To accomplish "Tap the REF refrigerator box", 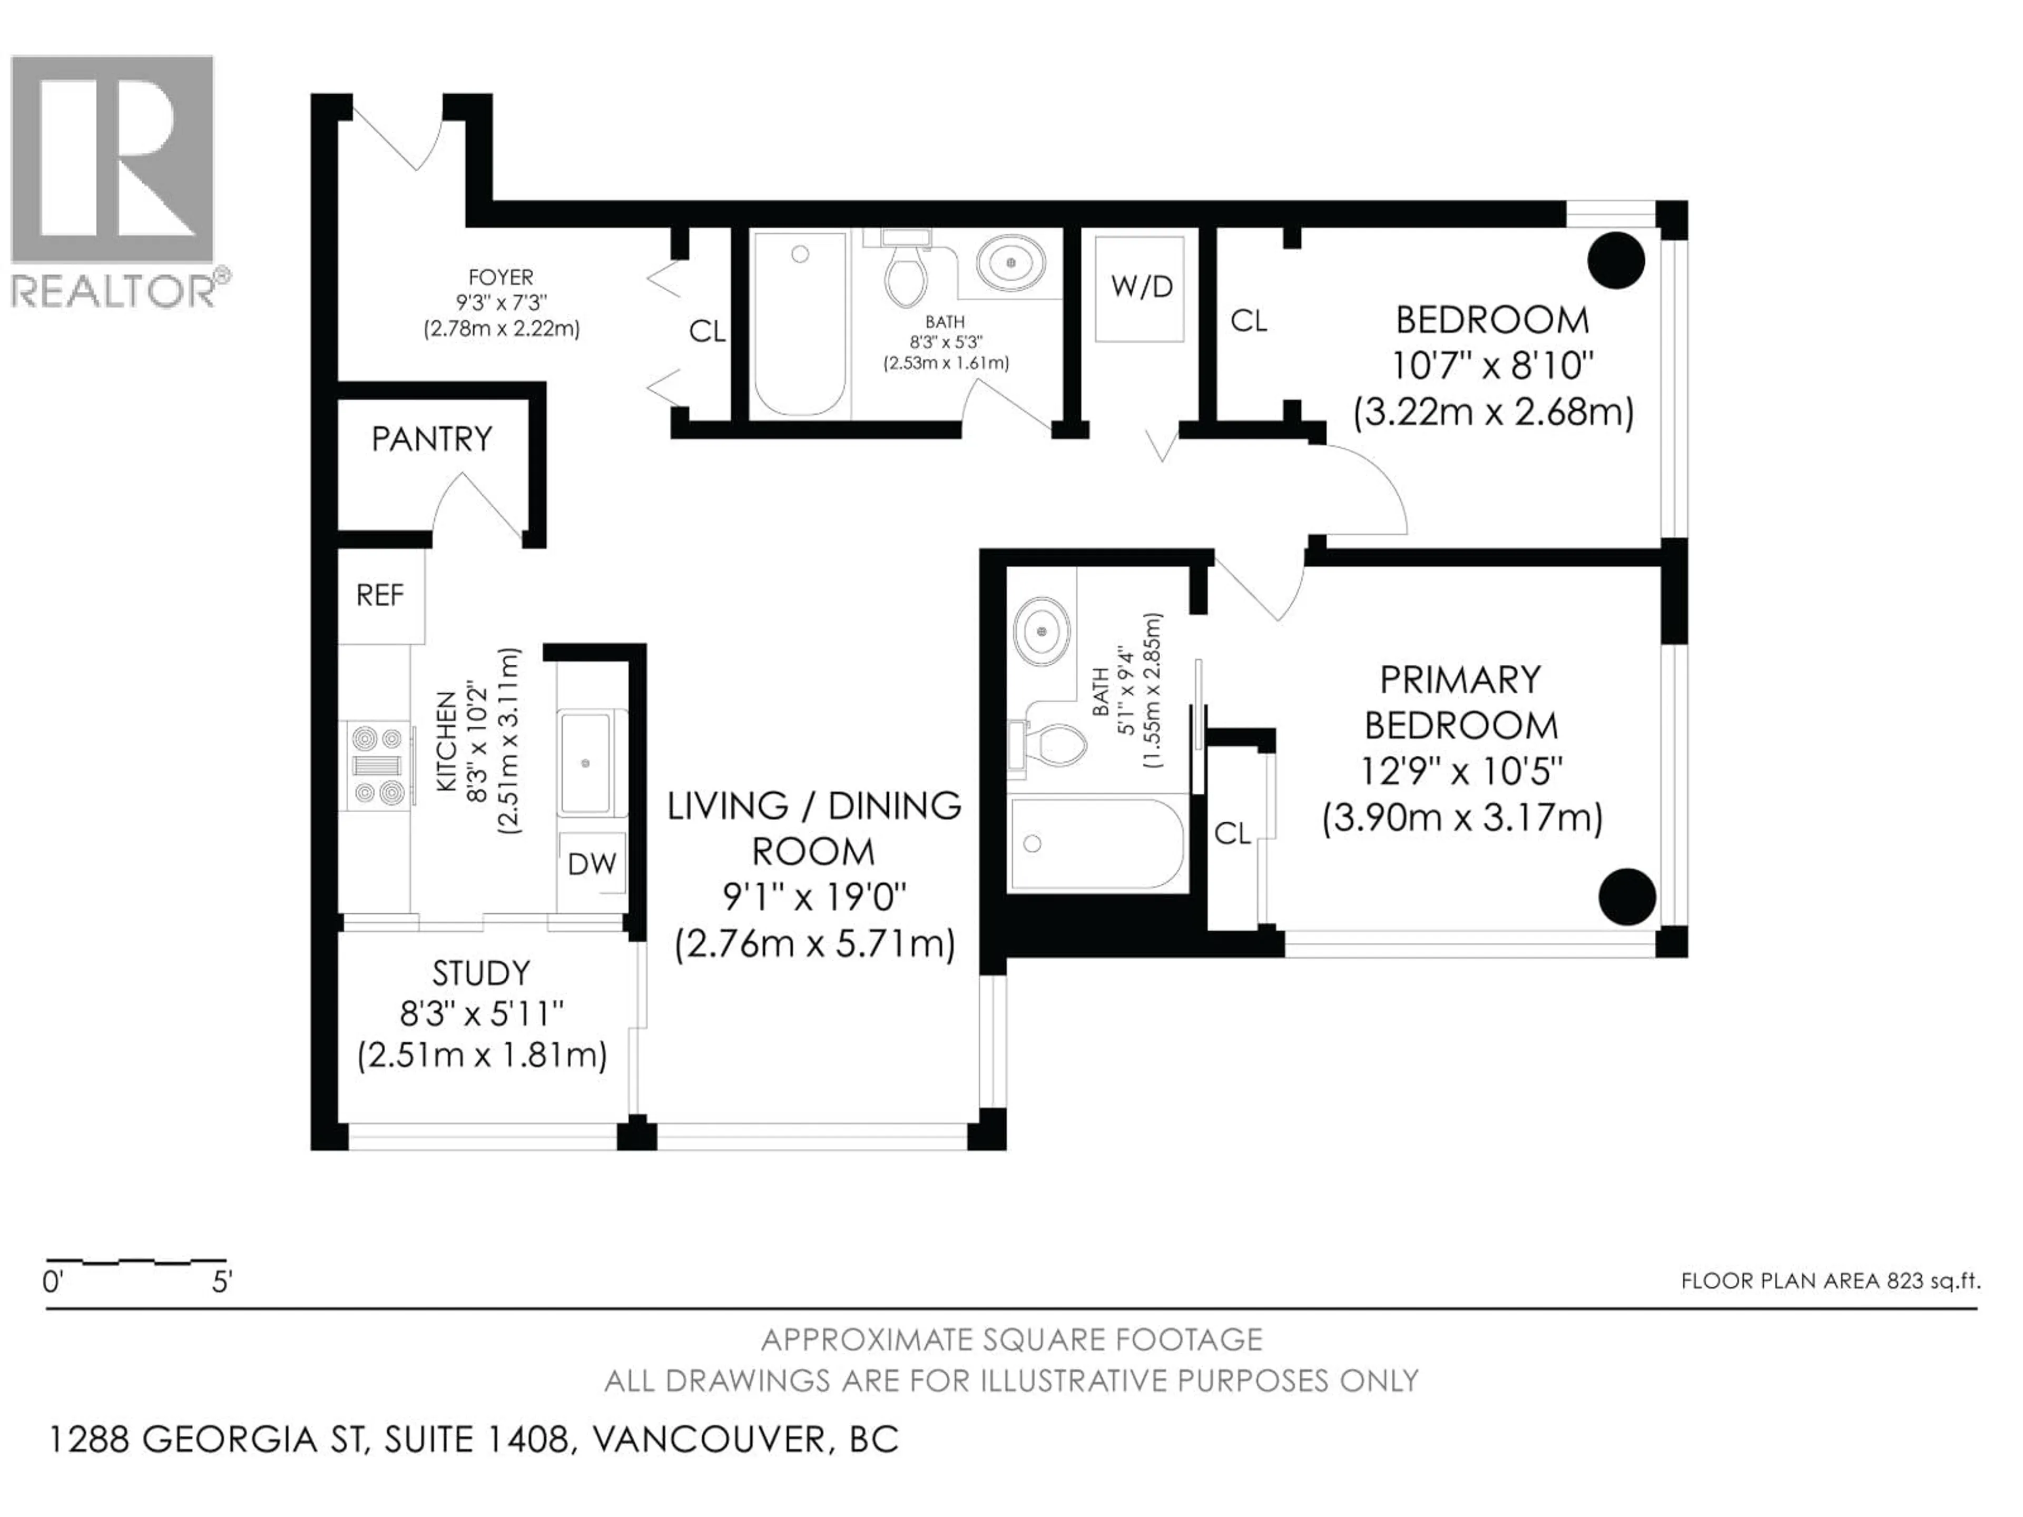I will coord(379,595).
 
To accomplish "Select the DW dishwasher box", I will coord(592,863).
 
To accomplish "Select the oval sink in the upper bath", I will coord(1010,262).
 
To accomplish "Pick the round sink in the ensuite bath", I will coord(1042,631).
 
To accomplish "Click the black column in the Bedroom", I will coord(1616,261).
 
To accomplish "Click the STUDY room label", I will coord(481,973).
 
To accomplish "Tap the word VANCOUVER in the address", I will coord(709,1439).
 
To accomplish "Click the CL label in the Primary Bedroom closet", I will coord(1232,833).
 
